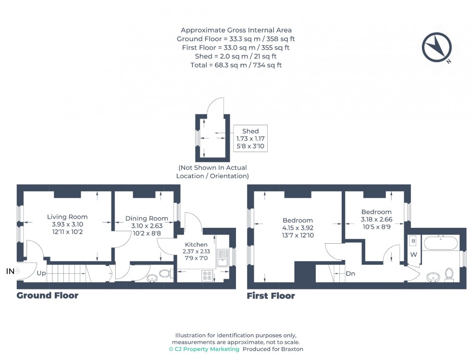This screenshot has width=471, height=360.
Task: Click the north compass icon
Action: pos(437,47)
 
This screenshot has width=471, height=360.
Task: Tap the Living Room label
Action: pos(67,217)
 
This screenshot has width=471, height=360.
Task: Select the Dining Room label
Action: pos(147,218)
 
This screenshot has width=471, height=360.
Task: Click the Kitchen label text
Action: pos(196,245)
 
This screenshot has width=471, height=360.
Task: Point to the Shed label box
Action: pos(250,138)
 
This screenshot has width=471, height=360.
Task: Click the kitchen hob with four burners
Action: pos(208,276)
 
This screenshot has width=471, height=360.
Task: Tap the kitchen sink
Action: pos(223,259)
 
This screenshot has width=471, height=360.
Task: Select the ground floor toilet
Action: pos(164,274)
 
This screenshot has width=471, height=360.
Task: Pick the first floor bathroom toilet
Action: pos(449,274)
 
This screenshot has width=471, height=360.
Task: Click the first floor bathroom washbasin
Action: pos(433,277)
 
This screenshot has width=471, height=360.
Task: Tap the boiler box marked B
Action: pos(413,241)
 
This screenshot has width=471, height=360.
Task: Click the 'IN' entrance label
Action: pos(10,272)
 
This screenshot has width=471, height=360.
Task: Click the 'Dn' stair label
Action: pos(350,273)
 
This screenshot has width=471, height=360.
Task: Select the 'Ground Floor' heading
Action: pos(47,295)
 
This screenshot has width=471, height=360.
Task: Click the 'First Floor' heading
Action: pos(271,296)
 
